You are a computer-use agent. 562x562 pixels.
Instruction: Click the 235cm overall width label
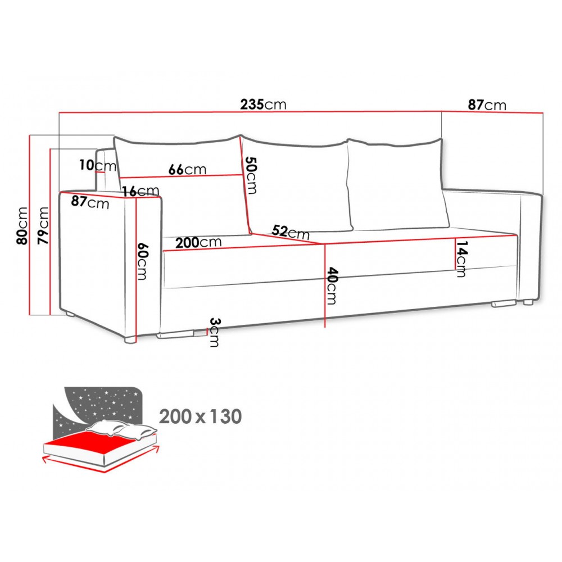pyautogui.click(x=263, y=105)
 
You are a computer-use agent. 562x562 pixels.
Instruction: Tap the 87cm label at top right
pyautogui.click(x=487, y=105)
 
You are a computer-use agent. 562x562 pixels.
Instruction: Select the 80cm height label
pyautogui.click(x=22, y=225)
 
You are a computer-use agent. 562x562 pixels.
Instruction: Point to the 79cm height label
pyautogui.click(x=43, y=225)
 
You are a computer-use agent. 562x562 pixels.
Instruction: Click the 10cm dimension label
pyautogui.click(x=98, y=165)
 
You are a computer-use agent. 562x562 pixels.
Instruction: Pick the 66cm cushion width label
pyautogui.click(x=188, y=169)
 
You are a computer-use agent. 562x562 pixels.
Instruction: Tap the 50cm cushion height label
pyautogui.click(x=251, y=175)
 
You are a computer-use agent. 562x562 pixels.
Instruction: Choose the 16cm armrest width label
pyautogui.click(x=140, y=191)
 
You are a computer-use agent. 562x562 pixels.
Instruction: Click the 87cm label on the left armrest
pyautogui.click(x=90, y=202)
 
